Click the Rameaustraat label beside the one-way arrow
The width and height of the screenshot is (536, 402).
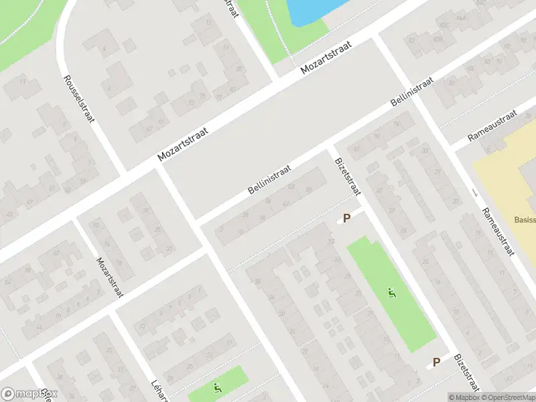(499, 230)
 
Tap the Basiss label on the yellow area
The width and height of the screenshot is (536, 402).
(525, 220)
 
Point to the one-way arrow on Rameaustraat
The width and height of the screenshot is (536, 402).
(475, 193)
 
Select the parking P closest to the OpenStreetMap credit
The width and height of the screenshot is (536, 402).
(436, 362)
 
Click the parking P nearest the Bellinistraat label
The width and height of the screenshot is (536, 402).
(346, 218)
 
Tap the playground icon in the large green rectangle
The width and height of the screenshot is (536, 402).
(391, 292)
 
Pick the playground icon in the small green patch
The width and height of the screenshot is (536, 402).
(216, 387)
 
